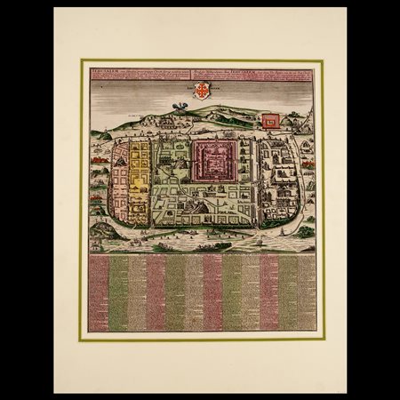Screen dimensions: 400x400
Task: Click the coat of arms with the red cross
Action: (x=200, y=91)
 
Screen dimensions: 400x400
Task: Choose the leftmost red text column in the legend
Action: (x=98, y=293)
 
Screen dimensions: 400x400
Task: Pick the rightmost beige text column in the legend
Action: (x=307, y=293)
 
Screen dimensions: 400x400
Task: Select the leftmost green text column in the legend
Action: (x=117, y=293)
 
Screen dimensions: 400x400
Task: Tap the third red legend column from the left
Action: (x=212, y=293)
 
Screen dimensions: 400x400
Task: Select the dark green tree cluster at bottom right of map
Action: (x=305, y=231)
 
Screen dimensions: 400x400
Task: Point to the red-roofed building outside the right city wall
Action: (x=308, y=164)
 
